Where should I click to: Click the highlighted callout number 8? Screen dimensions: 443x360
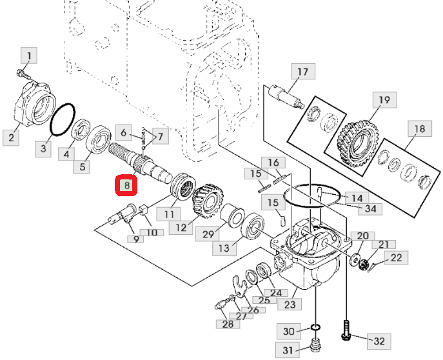pos(126,185)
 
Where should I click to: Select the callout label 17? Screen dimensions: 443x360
pos(303,72)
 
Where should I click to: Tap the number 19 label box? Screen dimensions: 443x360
pos(384,100)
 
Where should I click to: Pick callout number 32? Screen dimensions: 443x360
pos(379,341)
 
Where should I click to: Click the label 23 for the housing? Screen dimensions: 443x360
pos(290,305)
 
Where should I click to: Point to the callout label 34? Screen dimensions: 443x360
pos(370,208)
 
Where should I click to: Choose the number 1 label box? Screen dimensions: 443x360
pos(29,55)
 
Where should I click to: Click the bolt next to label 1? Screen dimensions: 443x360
pos(23,74)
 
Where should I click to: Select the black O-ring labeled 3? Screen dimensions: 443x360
pos(63,119)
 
